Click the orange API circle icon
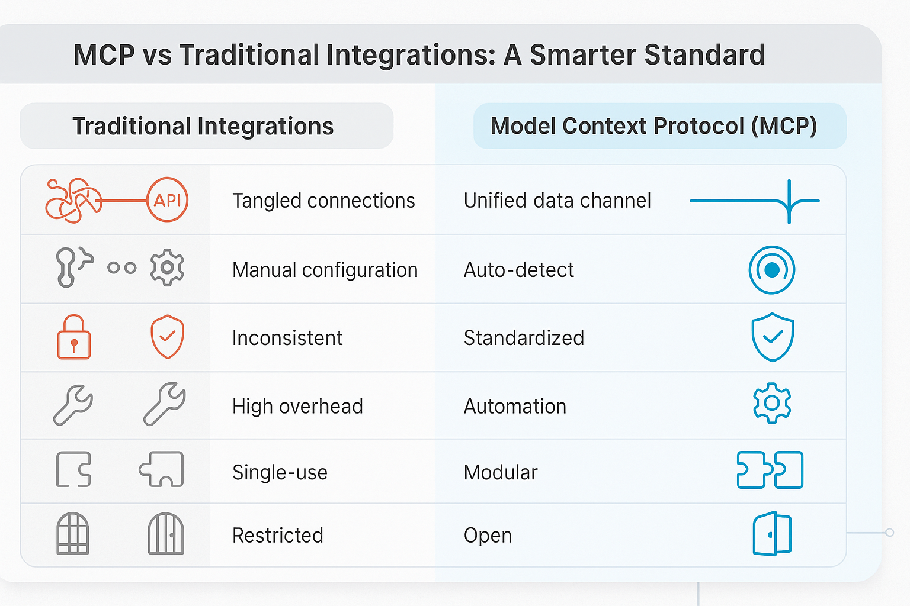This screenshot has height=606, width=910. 167,200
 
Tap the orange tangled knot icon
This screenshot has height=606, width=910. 73,201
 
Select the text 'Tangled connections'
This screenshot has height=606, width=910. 323,201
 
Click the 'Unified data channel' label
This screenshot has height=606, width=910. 557,201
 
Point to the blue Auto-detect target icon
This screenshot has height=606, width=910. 771,270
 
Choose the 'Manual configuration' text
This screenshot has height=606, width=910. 325,270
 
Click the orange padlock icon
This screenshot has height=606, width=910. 74,337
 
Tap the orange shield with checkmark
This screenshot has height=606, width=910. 167,337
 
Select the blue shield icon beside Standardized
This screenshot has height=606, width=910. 772,337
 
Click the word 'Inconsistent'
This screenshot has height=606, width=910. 287,338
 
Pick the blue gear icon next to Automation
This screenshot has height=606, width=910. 771,404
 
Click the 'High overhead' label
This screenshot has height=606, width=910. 297,407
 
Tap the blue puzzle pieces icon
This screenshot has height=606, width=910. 770,470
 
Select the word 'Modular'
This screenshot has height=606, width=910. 501,472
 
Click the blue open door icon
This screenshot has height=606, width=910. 772,534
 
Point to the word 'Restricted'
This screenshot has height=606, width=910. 277,536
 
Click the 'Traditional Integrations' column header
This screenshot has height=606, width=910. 203,126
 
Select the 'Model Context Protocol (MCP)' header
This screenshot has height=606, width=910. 653,126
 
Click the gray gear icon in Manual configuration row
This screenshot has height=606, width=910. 167,267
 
